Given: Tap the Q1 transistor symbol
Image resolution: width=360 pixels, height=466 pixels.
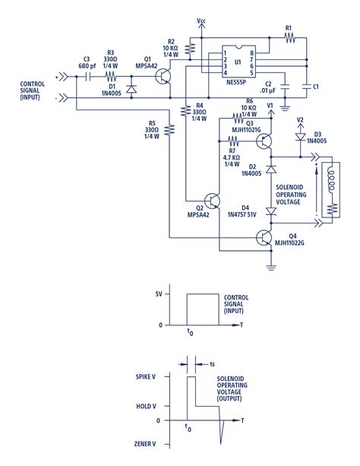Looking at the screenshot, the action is click(163, 77).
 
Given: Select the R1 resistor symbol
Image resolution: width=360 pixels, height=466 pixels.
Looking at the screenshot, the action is click(289, 38).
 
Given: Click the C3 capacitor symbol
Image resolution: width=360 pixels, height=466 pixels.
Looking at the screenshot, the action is click(87, 77).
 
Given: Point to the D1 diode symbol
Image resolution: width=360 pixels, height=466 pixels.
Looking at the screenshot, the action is click(131, 89).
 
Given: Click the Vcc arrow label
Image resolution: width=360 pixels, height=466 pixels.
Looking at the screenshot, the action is click(201, 21).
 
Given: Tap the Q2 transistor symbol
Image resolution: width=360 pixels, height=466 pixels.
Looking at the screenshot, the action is click(212, 201).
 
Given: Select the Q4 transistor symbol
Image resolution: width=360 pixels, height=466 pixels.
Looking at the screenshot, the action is click(264, 237).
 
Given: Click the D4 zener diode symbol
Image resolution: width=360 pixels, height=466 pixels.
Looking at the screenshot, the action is click(271, 211).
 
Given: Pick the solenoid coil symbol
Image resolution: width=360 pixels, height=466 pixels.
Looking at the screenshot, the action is click(330, 179).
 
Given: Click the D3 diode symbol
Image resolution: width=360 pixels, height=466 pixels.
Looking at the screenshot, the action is click(300, 137).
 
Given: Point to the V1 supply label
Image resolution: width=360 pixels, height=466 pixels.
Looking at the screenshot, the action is click(270, 105).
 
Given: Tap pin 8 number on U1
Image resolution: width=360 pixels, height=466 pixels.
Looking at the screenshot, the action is click(251, 53).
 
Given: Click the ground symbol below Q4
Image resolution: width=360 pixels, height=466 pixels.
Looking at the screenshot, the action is click(271, 267).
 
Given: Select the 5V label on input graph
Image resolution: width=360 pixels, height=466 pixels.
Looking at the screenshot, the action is click(159, 294).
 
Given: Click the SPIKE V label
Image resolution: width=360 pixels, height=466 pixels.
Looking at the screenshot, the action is click(146, 377).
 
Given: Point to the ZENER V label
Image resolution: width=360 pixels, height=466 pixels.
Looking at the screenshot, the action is click(145, 444).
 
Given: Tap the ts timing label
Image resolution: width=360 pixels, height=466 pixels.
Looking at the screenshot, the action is click(212, 364).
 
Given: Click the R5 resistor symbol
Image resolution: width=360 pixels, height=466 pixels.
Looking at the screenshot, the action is click(169, 129).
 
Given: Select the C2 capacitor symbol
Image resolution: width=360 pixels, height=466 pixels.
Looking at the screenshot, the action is click(285, 87).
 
